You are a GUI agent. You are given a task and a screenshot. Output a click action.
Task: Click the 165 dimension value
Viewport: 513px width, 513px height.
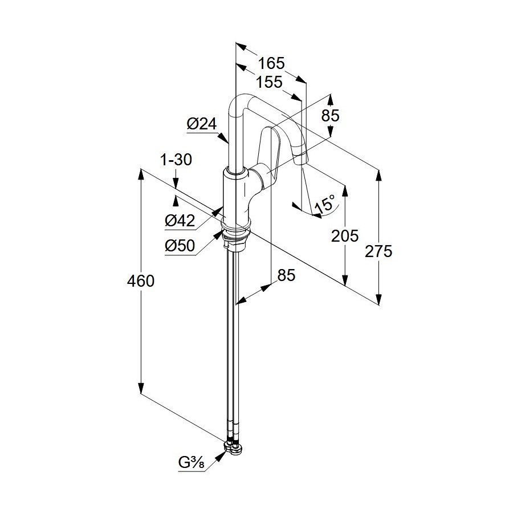point(271,63)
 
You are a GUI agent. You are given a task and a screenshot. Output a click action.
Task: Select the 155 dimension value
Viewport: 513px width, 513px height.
point(269,82)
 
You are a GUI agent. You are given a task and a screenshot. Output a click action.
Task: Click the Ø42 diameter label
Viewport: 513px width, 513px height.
point(180,221)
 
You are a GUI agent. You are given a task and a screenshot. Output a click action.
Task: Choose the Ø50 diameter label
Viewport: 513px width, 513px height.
point(180,246)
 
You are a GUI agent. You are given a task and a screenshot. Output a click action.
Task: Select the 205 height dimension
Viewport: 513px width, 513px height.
point(345,235)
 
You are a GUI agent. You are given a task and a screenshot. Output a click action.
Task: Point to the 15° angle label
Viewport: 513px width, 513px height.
point(325,205)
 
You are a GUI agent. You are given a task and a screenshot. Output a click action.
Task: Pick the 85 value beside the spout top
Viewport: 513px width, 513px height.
point(330,116)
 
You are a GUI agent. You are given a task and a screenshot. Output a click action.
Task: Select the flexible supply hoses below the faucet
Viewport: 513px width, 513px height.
point(234,342)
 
